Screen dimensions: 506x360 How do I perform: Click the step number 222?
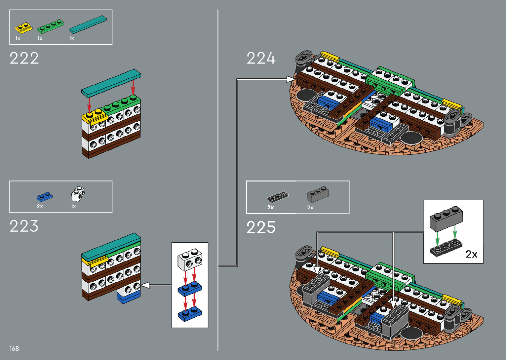24,59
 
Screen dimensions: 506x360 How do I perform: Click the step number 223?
24,226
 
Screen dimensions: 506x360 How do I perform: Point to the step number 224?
261,59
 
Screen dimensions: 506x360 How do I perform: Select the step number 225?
261,227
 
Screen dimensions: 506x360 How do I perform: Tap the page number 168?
14,348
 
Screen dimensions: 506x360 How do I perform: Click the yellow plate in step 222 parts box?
23,28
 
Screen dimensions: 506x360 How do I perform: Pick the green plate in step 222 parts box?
50,26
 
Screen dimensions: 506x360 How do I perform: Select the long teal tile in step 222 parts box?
88,24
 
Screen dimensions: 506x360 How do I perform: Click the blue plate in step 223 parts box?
44,197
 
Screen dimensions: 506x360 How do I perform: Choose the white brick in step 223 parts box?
78,194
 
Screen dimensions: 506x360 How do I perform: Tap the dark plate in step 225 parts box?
278,197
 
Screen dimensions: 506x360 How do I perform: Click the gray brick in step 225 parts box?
318,195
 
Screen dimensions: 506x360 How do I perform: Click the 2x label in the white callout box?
471,254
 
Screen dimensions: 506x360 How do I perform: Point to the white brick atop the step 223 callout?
190,260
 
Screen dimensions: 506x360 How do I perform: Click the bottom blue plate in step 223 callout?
190,314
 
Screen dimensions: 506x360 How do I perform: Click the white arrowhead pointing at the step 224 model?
291,79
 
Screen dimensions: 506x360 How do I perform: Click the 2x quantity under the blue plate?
40,207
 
